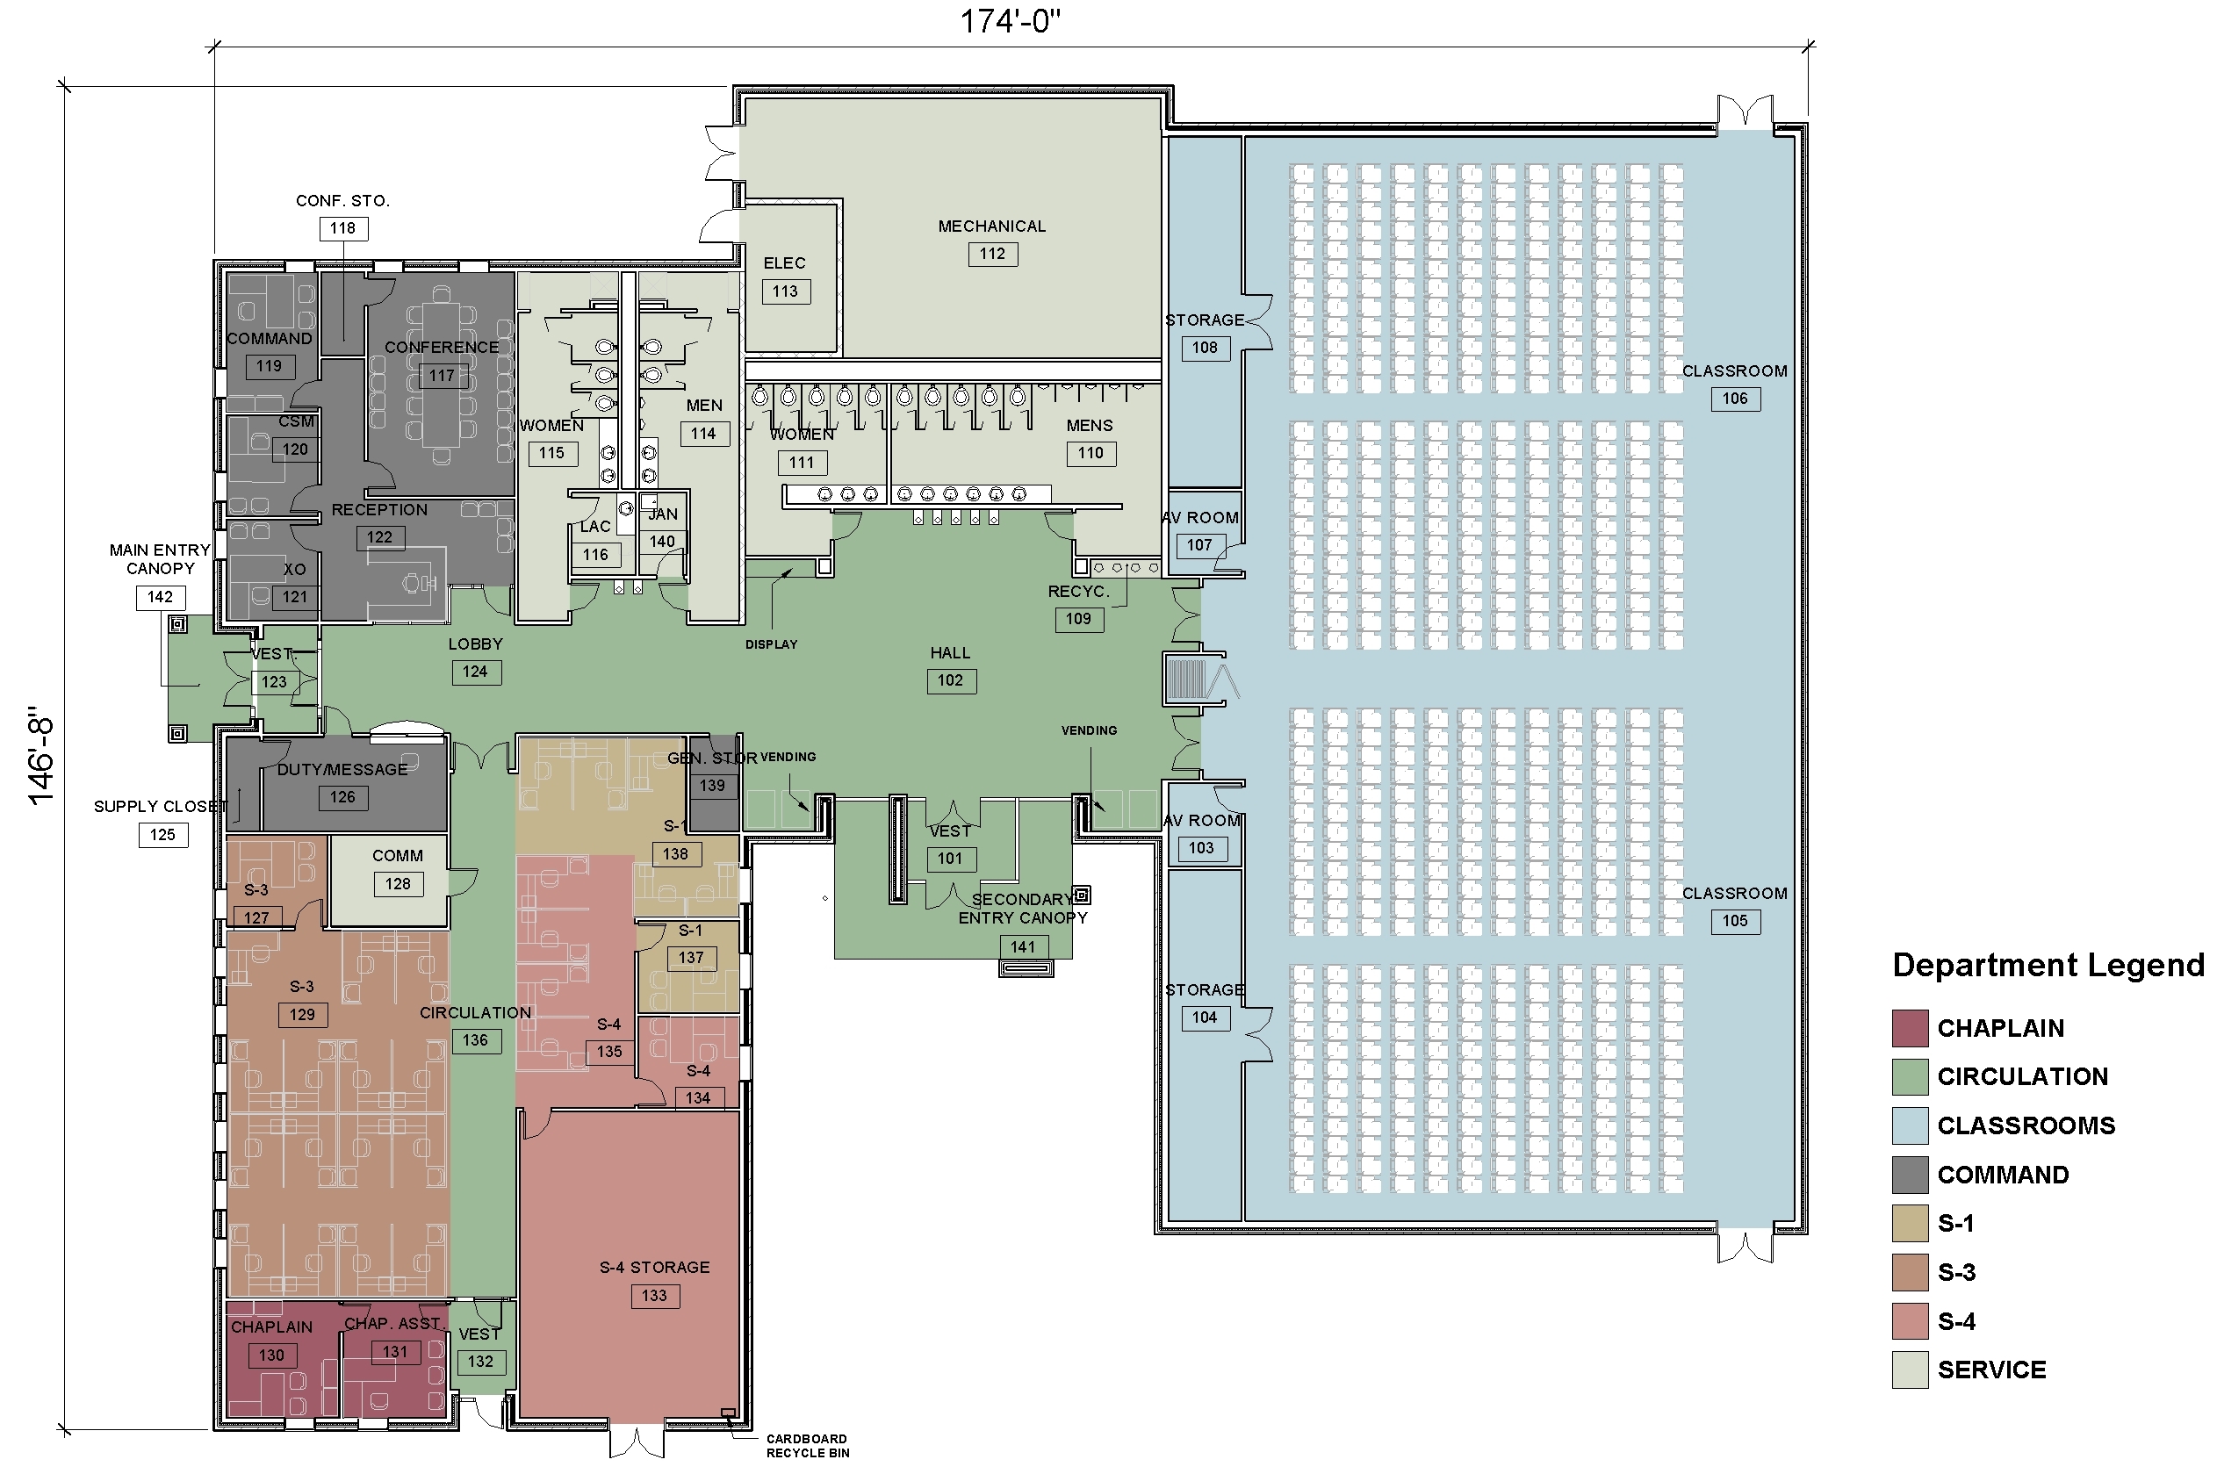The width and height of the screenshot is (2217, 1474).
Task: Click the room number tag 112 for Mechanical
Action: point(992,254)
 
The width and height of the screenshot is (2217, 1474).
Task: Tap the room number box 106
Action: point(1735,399)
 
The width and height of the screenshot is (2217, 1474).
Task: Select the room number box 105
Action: point(1735,921)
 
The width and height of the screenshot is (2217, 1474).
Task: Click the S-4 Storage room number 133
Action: point(654,1296)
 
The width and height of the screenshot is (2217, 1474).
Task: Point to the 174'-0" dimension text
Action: point(1010,21)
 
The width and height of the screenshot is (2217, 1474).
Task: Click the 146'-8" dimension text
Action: point(40,756)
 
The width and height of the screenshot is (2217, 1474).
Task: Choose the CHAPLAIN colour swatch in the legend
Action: point(1910,1028)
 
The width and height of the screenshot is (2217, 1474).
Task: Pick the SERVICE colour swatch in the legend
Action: point(1910,1370)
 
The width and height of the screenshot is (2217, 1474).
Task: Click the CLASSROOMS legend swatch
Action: point(1910,1126)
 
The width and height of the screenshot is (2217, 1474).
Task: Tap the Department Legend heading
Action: point(2048,966)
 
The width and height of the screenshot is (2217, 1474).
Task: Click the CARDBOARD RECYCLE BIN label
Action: point(808,1446)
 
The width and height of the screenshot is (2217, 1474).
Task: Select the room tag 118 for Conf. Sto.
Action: point(342,228)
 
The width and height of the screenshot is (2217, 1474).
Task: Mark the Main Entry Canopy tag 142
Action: point(160,597)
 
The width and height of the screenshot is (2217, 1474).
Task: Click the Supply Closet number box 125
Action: point(162,835)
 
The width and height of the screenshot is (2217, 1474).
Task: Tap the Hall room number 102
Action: point(950,680)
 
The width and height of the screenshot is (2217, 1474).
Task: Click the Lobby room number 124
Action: point(475,672)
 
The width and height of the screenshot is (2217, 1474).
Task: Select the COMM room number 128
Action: point(398,885)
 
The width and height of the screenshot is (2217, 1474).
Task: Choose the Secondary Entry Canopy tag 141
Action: point(1023,947)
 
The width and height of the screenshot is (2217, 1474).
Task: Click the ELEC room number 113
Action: point(785,291)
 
